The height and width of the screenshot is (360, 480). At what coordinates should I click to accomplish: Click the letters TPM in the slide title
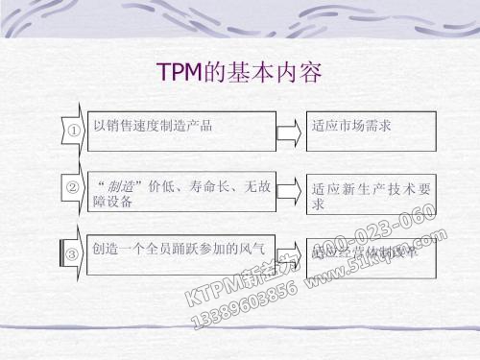pos(176,72)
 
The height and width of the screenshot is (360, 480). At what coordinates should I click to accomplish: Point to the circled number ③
pos(71,254)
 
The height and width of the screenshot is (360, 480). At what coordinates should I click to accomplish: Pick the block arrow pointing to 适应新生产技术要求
pos(288,195)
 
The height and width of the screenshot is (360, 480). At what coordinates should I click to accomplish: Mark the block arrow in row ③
pos(288,253)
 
